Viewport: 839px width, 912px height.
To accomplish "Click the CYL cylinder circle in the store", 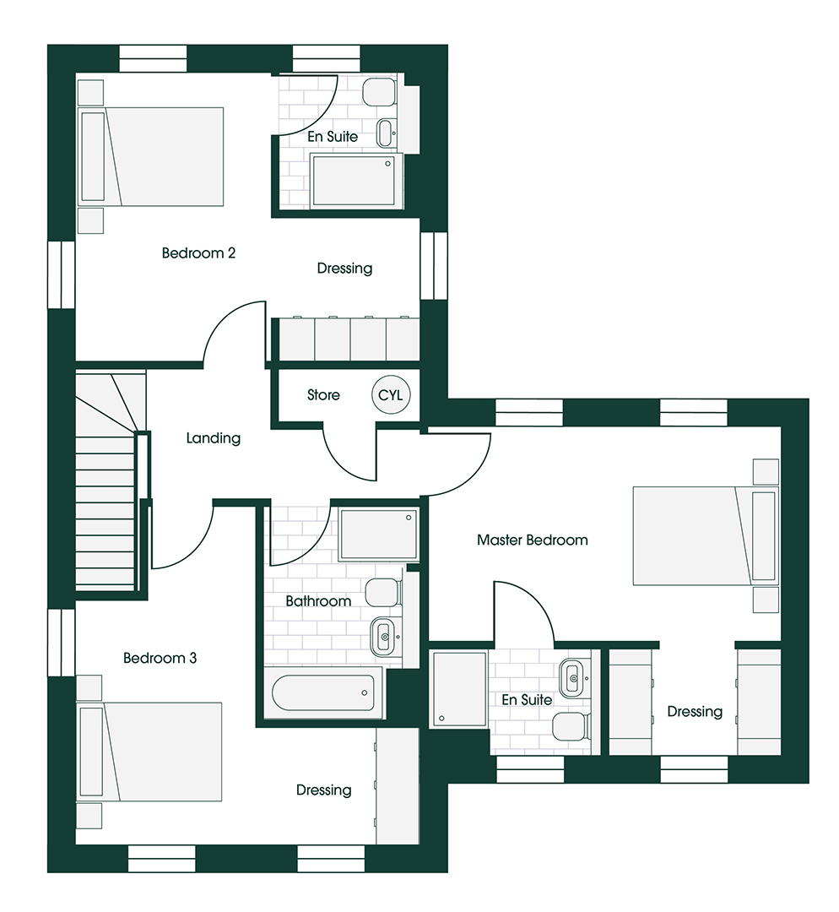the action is (391, 395).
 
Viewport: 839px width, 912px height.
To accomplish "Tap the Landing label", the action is (214, 438).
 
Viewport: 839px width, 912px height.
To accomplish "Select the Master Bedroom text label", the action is (532, 540).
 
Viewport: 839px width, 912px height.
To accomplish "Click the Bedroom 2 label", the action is (198, 253).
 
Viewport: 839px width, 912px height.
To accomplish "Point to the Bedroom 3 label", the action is (160, 658).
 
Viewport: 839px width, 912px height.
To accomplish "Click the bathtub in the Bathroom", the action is (323, 692).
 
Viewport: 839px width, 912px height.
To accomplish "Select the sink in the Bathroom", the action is (385, 637).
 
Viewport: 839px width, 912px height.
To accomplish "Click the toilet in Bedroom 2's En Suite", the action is (380, 93).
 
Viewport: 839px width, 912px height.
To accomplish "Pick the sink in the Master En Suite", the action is (575, 678).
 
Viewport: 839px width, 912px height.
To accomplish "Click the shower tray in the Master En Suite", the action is (459, 689).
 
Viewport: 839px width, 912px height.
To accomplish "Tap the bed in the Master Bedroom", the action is (706, 535).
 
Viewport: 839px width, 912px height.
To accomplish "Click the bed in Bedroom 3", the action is (149, 752).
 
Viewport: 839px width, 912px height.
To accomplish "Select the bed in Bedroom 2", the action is (150, 156).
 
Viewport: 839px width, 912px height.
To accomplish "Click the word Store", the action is (323, 395).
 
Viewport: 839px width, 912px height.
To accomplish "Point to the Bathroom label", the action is (318, 601).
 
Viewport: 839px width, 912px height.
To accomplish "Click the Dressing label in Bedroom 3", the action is (324, 790).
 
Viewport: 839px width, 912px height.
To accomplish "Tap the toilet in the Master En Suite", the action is (573, 726).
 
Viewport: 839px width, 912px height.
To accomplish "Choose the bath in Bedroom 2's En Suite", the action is (356, 180).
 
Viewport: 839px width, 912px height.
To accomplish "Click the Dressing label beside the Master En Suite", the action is (695, 712).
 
